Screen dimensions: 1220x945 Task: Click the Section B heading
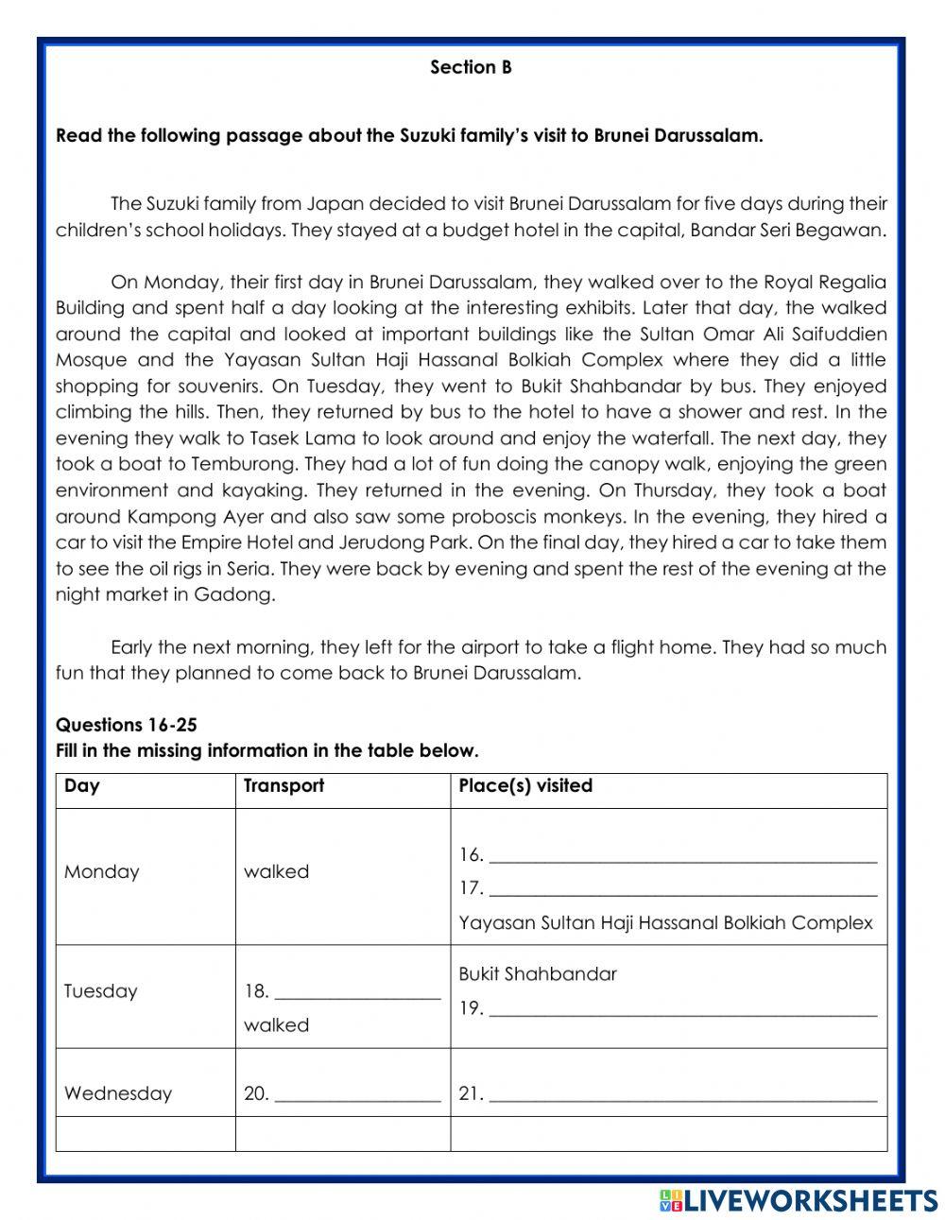(x=471, y=67)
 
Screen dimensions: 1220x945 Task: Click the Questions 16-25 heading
(x=127, y=725)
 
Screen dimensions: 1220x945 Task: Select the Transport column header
(x=283, y=786)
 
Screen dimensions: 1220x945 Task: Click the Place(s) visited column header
(x=525, y=786)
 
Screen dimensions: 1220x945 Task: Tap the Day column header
(x=82, y=786)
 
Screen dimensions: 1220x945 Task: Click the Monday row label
(x=101, y=871)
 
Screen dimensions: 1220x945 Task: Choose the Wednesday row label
(x=118, y=1093)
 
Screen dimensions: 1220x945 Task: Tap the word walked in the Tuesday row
(x=276, y=1025)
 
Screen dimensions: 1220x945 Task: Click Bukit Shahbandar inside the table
(x=538, y=974)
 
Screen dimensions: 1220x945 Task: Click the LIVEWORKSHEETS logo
(x=799, y=1200)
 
